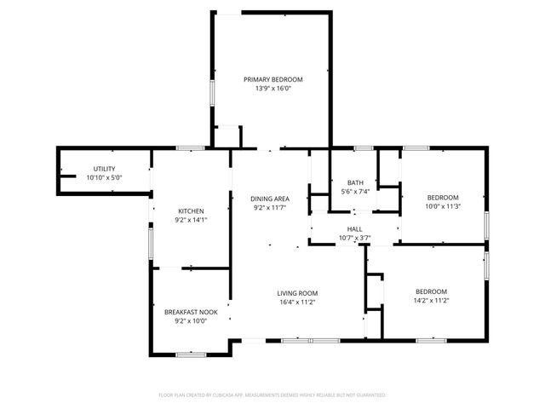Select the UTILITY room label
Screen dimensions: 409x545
click(x=105, y=169)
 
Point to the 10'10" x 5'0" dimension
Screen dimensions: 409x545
click(x=105, y=177)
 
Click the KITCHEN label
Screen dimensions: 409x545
click(x=190, y=211)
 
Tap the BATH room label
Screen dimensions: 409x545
click(x=355, y=183)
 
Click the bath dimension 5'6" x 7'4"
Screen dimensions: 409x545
click(x=355, y=192)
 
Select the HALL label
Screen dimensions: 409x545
click(x=355, y=228)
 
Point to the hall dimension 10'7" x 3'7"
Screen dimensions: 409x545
click(x=355, y=237)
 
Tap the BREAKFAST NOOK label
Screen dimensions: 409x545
click(x=190, y=312)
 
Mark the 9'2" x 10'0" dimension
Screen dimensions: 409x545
click(x=190, y=321)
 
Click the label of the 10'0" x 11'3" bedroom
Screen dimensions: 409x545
click(x=442, y=197)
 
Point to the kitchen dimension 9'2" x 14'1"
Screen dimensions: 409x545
click(x=190, y=220)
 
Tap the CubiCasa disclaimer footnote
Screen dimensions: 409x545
click(x=272, y=395)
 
